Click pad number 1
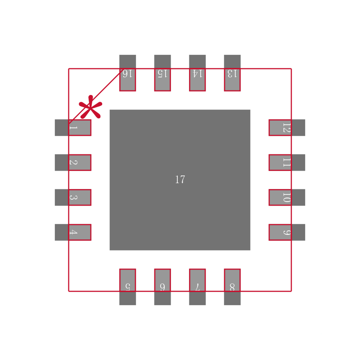click(73, 127)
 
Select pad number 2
click(73, 162)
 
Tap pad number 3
click(73, 197)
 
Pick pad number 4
click(73, 232)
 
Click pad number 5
click(127, 286)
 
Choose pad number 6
click(162, 286)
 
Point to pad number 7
click(197, 286)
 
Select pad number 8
click(232, 286)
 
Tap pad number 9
click(287, 232)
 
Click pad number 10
click(287, 197)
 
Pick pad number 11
click(287, 162)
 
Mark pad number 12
click(287, 127)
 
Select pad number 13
click(232, 73)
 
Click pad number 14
click(197, 73)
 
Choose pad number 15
click(162, 73)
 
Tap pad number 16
click(127, 73)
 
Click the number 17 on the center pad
click(180, 180)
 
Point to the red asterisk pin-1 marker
click(90, 108)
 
